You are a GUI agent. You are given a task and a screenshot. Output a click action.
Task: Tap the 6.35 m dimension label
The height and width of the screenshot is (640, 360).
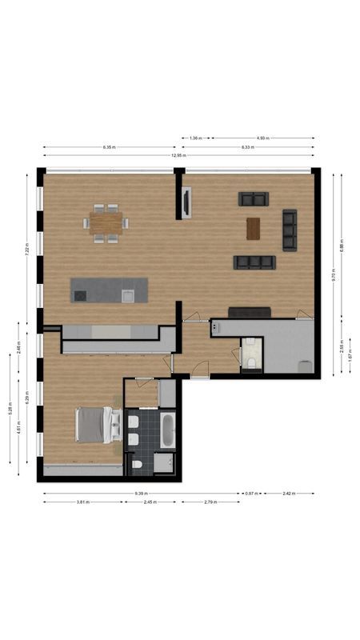point(110,147)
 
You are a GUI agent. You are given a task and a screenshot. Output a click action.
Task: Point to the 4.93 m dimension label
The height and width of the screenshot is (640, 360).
point(262,138)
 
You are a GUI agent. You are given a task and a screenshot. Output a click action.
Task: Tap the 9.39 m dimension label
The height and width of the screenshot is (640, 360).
point(141,494)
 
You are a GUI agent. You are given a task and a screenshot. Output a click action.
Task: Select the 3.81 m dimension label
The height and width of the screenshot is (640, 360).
point(82,502)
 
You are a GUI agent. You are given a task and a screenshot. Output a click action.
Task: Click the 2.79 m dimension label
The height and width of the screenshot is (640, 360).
point(210,502)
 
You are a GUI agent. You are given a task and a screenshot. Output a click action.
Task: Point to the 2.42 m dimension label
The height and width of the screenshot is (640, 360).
point(288,494)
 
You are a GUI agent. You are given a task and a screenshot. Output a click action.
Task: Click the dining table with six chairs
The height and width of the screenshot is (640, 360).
point(106,222)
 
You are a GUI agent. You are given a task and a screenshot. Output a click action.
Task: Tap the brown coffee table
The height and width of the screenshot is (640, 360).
point(254,229)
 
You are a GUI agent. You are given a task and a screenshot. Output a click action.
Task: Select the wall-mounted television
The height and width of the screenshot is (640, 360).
point(186,202)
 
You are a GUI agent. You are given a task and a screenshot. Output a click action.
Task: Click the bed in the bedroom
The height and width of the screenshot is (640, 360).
point(94,425)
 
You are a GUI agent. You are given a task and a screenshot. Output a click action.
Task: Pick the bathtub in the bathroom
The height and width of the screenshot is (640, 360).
point(166,430)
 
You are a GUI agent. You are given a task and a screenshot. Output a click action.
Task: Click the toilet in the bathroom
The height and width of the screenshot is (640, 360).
point(138,464)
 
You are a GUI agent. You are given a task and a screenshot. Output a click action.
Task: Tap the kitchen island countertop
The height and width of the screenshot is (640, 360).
point(109,290)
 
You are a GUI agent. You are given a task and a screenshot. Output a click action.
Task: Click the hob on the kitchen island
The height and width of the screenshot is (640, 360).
point(80,296)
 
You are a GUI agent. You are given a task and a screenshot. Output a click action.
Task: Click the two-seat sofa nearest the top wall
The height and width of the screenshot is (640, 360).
point(254,198)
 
